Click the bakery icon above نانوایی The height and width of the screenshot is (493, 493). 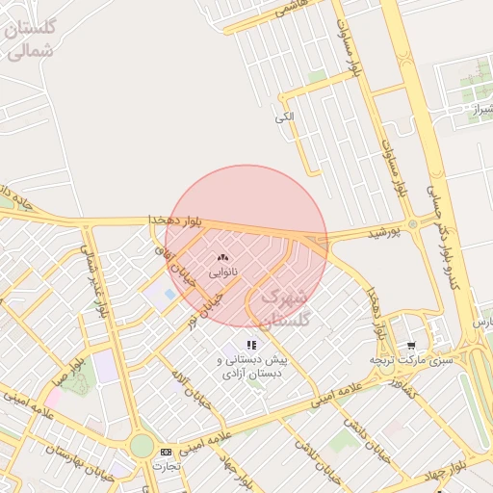click(223, 257)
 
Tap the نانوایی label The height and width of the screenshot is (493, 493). click(223, 272)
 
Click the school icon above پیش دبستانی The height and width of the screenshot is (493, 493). click(251, 344)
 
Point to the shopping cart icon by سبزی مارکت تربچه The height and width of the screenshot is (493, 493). click(412, 345)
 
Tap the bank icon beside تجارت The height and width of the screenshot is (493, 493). click(166, 451)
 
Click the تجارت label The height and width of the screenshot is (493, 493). click(167, 465)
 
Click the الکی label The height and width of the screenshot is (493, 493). click(283, 117)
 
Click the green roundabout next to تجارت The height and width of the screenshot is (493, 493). click(142, 446)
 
